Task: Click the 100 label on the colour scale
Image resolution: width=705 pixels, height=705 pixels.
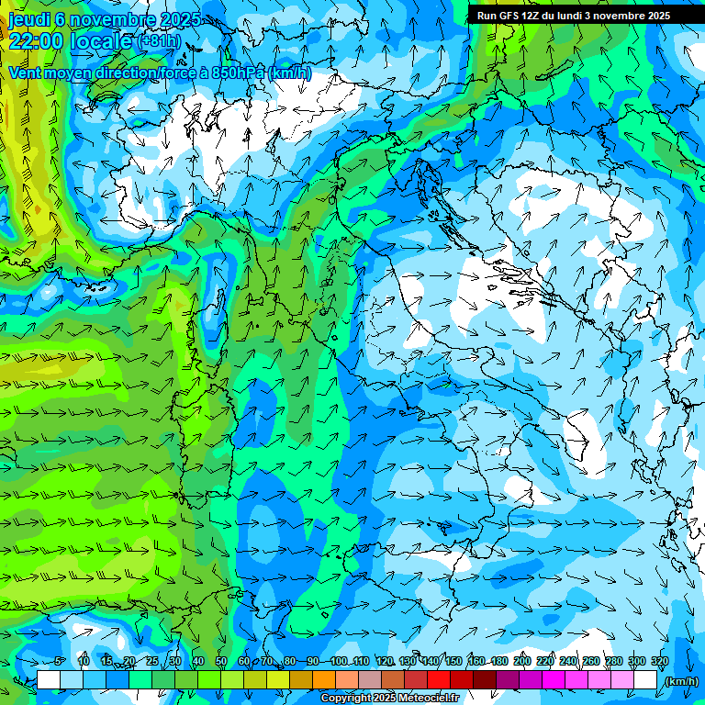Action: click(339, 662)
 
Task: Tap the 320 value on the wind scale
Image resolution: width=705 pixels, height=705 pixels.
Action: click(659, 662)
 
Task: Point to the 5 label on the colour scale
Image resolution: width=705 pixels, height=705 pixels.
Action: click(59, 662)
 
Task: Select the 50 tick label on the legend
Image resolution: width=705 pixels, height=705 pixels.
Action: click(221, 662)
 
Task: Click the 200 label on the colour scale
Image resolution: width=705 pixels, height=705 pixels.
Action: click(521, 662)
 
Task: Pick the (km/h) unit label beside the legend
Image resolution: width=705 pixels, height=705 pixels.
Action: click(681, 681)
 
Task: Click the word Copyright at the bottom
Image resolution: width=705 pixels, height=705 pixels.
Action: click(345, 699)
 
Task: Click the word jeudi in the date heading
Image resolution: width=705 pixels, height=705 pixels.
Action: click(28, 19)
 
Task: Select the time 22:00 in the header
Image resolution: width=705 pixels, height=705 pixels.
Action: click(36, 40)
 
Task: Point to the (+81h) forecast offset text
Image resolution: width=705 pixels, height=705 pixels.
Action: click(158, 41)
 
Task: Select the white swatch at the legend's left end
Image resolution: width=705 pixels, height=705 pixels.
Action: click(49, 680)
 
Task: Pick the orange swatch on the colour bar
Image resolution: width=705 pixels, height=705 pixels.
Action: click(324, 680)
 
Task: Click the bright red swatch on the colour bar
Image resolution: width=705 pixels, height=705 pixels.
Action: click(439, 680)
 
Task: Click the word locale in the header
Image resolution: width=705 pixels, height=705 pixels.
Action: click(100, 40)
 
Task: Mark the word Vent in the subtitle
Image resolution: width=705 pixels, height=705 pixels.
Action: click(25, 73)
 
